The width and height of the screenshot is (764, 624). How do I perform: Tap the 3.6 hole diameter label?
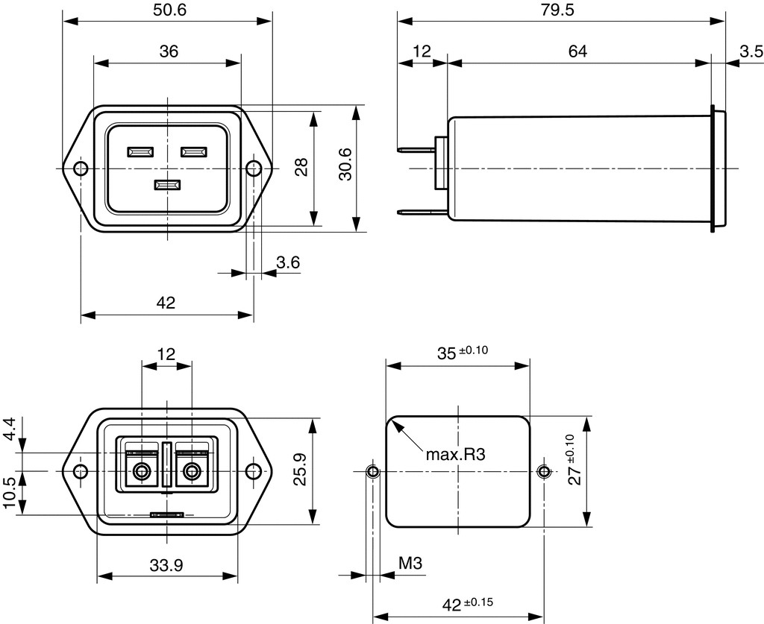click(288, 262)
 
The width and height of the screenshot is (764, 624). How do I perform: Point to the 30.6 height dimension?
click(345, 168)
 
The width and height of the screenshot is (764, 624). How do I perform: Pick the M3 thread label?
click(410, 564)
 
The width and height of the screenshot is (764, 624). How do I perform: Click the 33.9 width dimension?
click(166, 565)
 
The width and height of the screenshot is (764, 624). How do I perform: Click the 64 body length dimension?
click(577, 51)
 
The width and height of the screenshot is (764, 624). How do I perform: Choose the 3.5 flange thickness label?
click(751, 51)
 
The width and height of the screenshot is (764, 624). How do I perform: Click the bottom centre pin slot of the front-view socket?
click(166, 185)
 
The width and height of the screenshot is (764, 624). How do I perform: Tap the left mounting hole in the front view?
click(80, 168)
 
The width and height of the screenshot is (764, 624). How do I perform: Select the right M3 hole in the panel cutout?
click(544, 470)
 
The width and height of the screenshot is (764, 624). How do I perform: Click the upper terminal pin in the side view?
click(417, 150)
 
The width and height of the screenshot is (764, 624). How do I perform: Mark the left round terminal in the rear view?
click(140, 471)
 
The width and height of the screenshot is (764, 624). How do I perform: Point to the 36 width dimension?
click(169, 51)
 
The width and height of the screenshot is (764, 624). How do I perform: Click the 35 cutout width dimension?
click(446, 353)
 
